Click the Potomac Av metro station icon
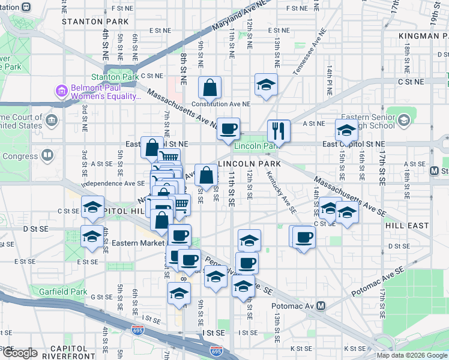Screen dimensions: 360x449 point(321,306)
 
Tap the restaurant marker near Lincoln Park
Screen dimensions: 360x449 point(279,130)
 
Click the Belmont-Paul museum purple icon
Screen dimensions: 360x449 point(61,92)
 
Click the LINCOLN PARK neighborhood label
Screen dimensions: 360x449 point(243,164)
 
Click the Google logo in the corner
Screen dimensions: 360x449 point(20,353)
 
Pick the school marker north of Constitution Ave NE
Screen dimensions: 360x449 point(266,85)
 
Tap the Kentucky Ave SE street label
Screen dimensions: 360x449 point(281,193)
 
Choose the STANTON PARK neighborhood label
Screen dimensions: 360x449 point(95,21)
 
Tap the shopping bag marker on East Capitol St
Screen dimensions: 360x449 point(152,148)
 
